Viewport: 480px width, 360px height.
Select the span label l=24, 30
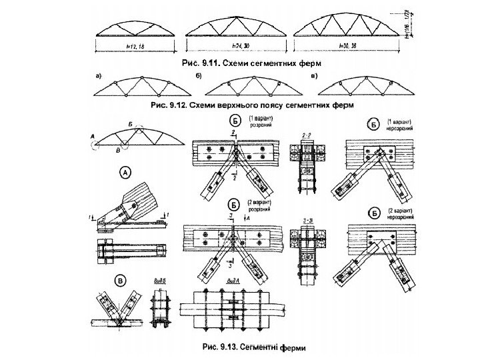click(x=238, y=45)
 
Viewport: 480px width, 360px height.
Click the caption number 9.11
click(x=210, y=65)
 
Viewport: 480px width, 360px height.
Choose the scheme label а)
click(x=99, y=75)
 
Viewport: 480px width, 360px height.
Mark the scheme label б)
click(x=199, y=75)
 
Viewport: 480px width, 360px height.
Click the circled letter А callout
click(x=125, y=172)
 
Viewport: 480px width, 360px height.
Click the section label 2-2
click(x=307, y=135)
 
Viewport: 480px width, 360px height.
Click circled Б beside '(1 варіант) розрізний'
click(x=235, y=121)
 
